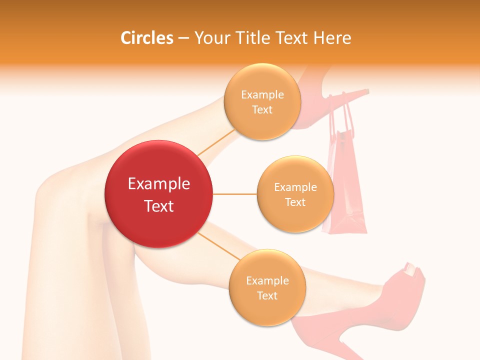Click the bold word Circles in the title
click(147, 38)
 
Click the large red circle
click(158, 194)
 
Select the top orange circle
click(262, 101)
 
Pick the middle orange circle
click(295, 194)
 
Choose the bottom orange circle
click(267, 287)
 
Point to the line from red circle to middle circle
click(235, 194)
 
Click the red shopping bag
click(346, 200)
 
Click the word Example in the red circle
click(158, 184)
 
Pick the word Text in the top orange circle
click(262, 109)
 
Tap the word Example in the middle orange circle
click(295, 187)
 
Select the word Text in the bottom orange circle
click(267, 295)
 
